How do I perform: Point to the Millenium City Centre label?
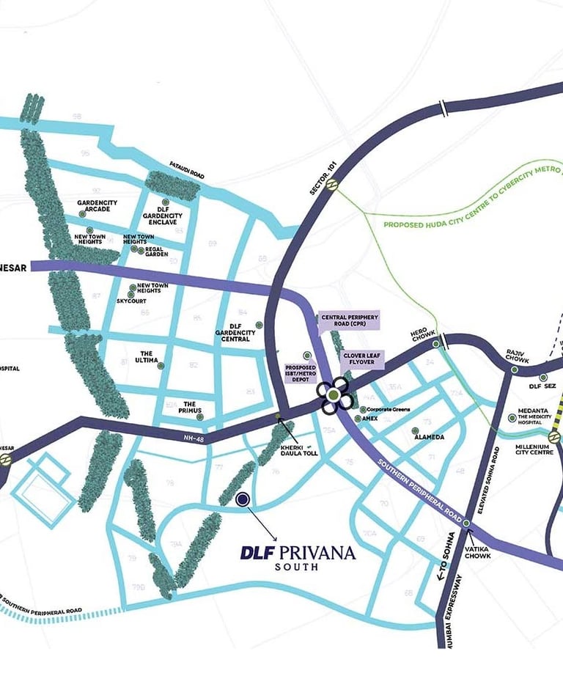point(533,448)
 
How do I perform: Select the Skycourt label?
point(131,301)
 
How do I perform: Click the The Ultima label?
point(143,356)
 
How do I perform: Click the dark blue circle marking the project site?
point(243,499)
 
